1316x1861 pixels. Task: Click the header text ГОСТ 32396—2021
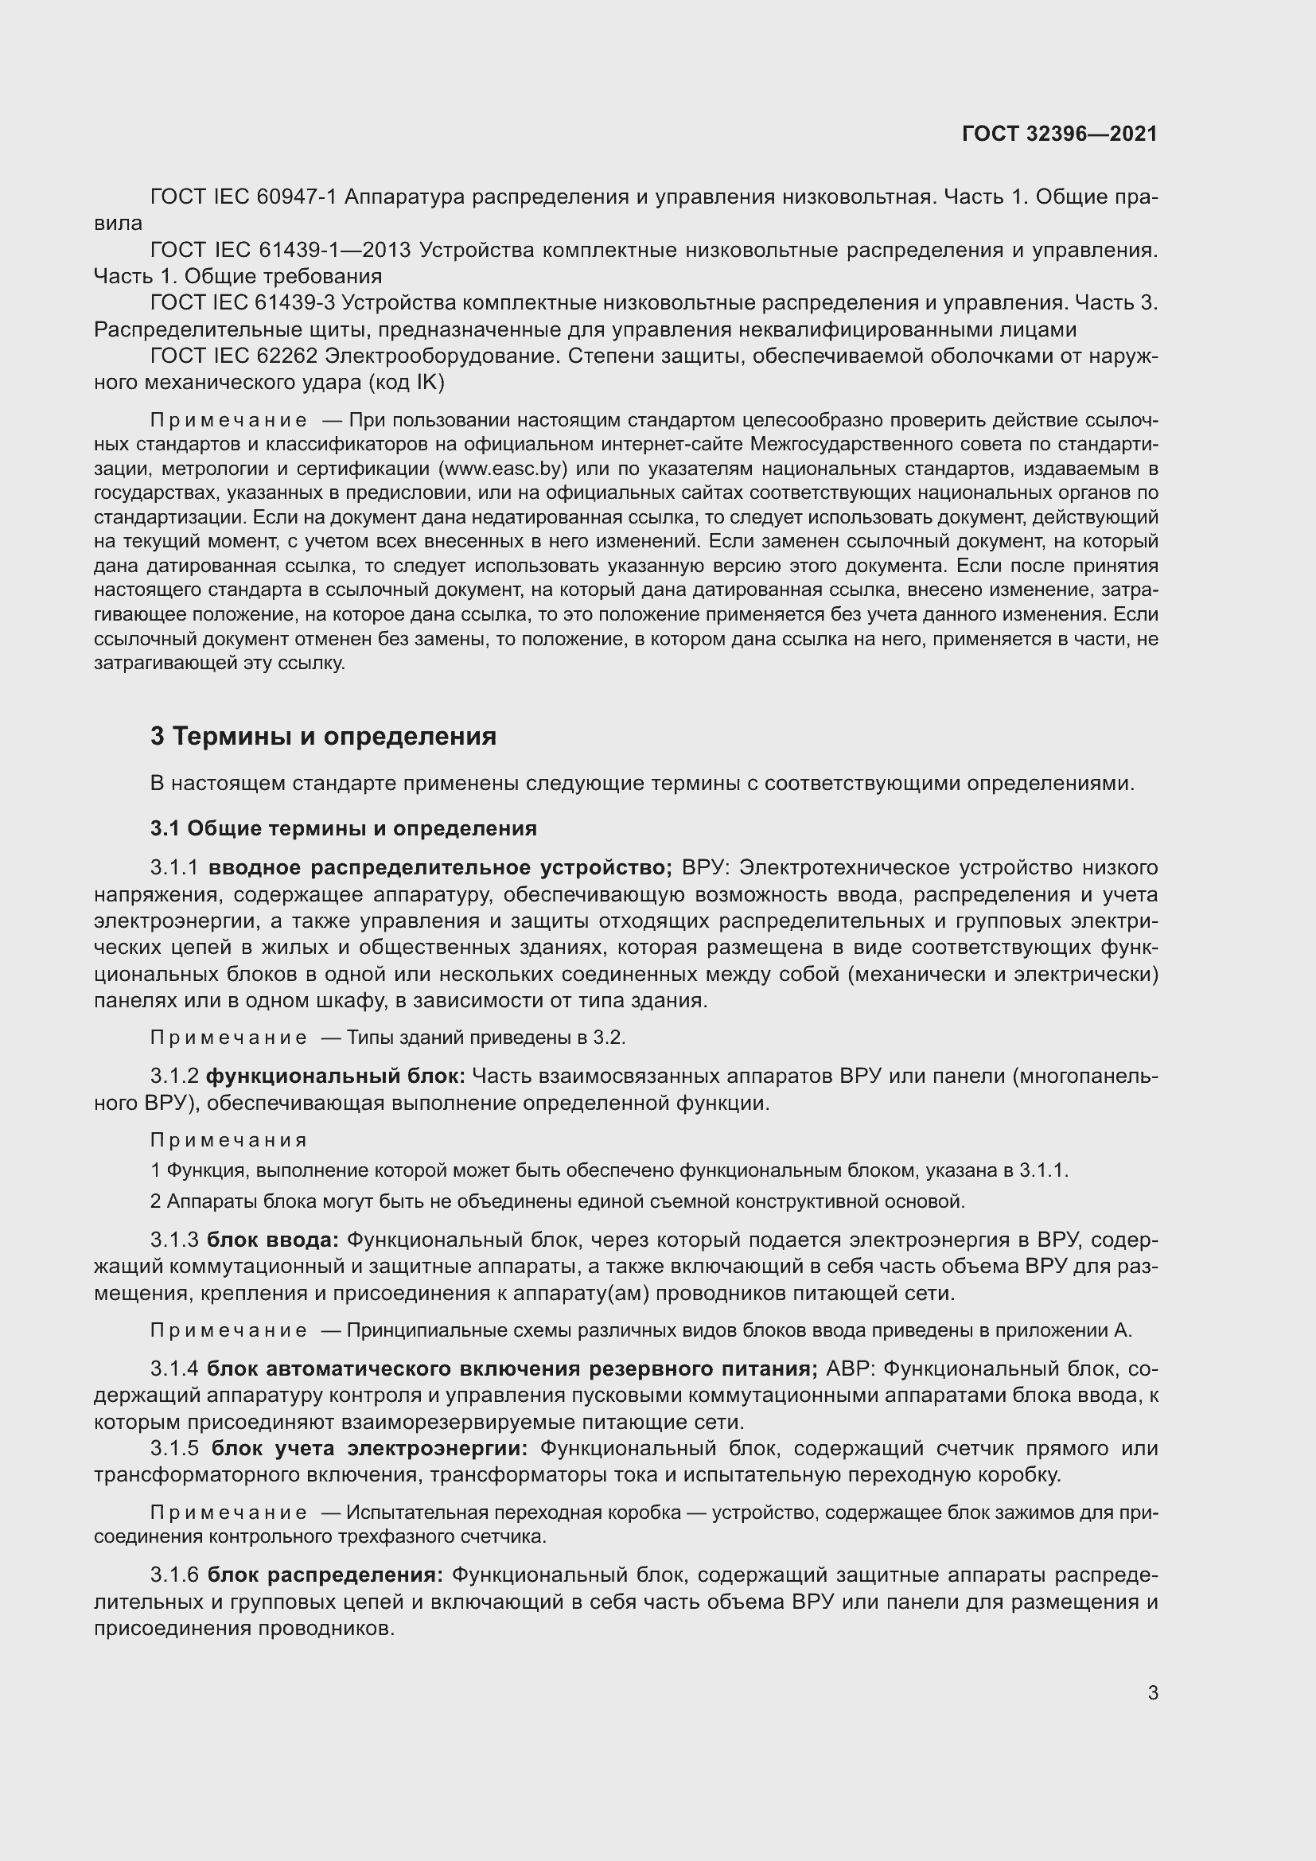pos(1059,134)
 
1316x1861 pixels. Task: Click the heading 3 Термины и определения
pos(323,736)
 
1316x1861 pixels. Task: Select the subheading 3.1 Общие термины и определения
pos(344,828)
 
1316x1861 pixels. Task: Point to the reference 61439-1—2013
pos(334,250)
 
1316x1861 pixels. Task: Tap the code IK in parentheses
pos(427,383)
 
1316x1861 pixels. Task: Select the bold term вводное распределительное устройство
pos(440,868)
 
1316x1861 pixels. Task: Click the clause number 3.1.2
pos(174,1076)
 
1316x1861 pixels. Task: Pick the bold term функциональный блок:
pos(336,1076)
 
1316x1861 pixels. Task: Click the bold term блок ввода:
pos(273,1240)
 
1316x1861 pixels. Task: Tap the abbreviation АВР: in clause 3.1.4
pos(850,1369)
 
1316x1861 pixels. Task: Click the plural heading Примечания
pos(228,1140)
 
